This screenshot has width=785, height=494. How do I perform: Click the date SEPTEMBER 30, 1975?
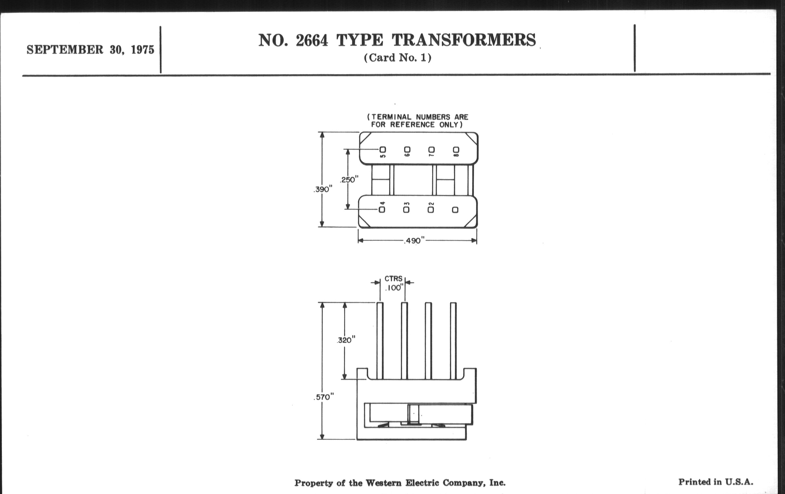[x=90, y=50]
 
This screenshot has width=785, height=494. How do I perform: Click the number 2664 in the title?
[x=312, y=40]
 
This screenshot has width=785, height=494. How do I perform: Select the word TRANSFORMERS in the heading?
[x=464, y=40]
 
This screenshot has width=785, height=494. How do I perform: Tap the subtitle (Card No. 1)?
[x=398, y=58]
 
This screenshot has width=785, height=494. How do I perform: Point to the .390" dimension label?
[x=323, y=189]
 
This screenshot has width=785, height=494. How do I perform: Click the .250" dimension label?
[x=349, y=179]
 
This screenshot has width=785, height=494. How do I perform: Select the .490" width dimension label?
[x=414, y=241]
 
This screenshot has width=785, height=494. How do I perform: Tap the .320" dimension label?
[x=346, y=340]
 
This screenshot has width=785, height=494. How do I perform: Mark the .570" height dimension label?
[x=324, y=397]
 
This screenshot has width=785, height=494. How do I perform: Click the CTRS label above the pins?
[x=393, y=279]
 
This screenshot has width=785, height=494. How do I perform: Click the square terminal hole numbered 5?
[x=383, y=150]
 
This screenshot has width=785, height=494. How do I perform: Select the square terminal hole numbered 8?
[x=456, y=150]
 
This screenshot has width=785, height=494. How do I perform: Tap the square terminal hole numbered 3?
[x=406, y=210]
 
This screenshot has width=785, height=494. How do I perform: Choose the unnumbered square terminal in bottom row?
[x=455, y=210]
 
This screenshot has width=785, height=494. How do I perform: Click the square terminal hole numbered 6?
[x=407, y=150]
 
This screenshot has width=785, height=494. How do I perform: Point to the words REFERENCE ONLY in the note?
[x=426, y=125]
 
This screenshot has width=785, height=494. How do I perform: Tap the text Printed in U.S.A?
[x=716, y=482]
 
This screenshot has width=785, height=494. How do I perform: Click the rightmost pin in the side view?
[x=453, y=341]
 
